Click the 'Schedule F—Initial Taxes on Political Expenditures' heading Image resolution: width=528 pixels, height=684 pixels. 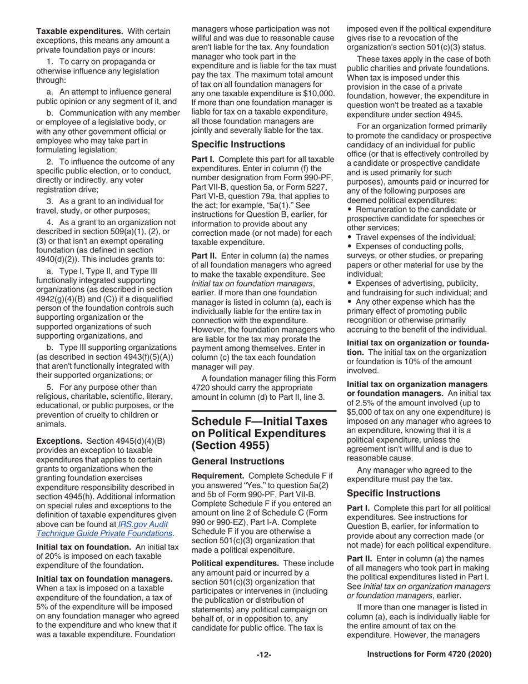tap(258, 433)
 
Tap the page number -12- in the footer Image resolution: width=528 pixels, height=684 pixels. tap(263, 655)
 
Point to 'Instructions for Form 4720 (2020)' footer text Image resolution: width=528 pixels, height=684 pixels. tap(429, 655)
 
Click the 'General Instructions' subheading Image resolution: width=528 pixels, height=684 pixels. tap(231, 461)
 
